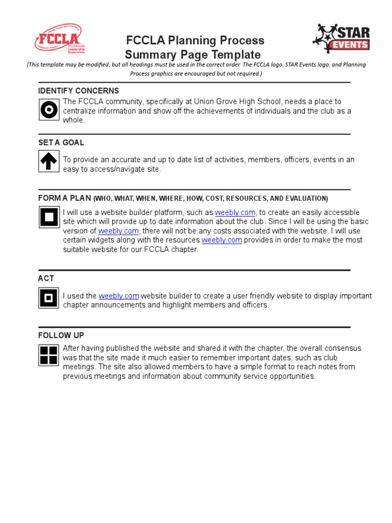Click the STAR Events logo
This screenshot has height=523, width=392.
coord(341,39)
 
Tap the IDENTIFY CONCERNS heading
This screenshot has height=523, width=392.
coord(79,91)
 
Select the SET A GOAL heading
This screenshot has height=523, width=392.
coord(61,142)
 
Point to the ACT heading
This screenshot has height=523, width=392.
coord(46,278)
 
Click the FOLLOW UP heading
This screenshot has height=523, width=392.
coord(61,335)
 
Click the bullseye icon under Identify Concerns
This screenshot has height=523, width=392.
coord(49,110)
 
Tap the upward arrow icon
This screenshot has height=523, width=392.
coord(49,161)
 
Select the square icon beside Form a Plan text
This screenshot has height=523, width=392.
coord(49,217)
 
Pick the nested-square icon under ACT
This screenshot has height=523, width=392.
coord(49,298)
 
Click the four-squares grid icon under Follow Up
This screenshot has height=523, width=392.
coord(49,355)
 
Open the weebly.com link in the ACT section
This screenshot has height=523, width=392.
coord(119,296)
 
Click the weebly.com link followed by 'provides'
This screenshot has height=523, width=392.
coord(222,240)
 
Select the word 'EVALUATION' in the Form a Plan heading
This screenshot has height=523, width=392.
coord(306,198)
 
